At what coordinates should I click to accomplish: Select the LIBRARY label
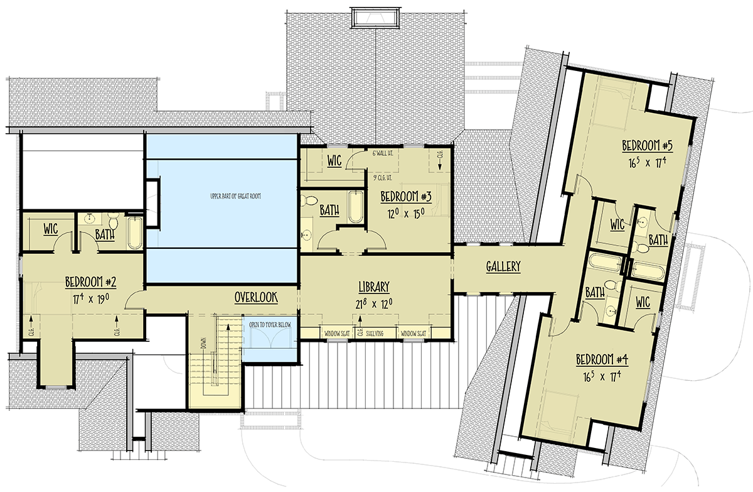pos(375,287)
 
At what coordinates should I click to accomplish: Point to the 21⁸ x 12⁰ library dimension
pos(375,304)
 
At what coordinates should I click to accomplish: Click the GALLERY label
pos(503,266)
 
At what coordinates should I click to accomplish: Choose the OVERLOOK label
pos(256,297)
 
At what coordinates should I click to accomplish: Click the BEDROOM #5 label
pos(648,146)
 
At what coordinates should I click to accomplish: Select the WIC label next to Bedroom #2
pos(50,229)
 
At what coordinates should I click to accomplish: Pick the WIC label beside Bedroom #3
pos(334,161)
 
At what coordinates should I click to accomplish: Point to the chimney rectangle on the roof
pos(375,19)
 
